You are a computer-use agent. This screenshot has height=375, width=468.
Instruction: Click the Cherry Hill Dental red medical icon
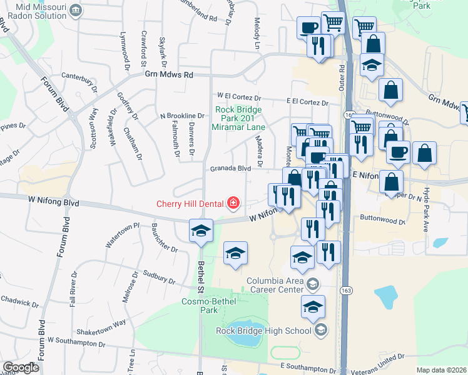(x=233, y=202)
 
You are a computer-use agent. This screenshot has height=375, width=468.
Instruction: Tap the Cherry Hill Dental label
(x=191, y=203)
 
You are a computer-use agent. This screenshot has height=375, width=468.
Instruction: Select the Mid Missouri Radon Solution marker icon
(x=76, y=10)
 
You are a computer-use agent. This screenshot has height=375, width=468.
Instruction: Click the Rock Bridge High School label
(x=263, y=331)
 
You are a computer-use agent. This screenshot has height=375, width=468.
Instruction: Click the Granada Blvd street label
(x=230, y=168)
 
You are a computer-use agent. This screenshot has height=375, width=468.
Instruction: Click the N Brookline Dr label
(x=182, y=116)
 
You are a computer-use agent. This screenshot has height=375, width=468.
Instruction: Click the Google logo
(x=21, y=367)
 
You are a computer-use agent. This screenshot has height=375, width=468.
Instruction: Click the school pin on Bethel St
(x=201, y=230)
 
